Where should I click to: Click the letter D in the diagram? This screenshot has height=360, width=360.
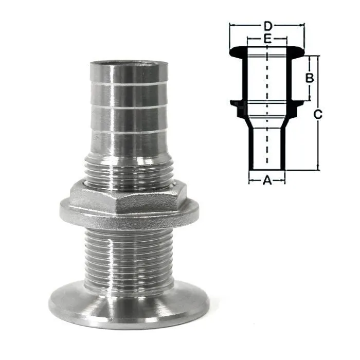268,26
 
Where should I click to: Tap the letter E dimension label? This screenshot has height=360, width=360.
267,39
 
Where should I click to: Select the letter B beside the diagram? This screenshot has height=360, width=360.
310,78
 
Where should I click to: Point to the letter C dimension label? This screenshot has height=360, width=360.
318,114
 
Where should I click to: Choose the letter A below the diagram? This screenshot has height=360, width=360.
267,180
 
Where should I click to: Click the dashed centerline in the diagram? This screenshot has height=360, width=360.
267,104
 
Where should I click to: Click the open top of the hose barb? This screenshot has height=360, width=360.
129,64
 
